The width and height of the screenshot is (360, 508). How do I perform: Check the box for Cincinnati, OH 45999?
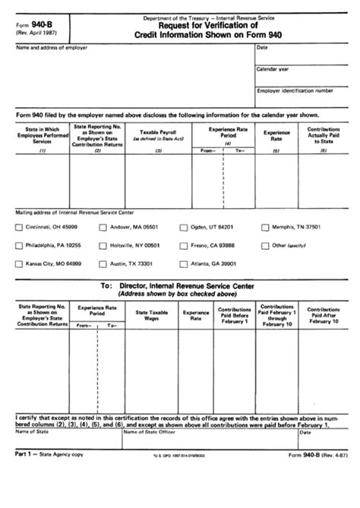[x=19, y=228]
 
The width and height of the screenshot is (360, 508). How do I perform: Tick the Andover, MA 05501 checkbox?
[x=103, y=228]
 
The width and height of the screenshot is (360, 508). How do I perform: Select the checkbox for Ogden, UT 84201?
[x=184, y=228]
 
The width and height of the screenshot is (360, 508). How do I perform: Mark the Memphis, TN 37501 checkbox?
[x=265, y=228]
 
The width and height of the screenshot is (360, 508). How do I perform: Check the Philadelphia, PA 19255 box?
[x=19, y=246]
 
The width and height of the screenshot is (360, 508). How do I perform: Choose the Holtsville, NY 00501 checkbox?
[x=103, y=246]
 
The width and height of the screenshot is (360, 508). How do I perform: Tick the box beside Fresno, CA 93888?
[x=184, y=246]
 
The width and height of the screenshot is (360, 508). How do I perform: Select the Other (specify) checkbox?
[x=265, y=246]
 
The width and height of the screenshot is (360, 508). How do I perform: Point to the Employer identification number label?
[x=294, y=90]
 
